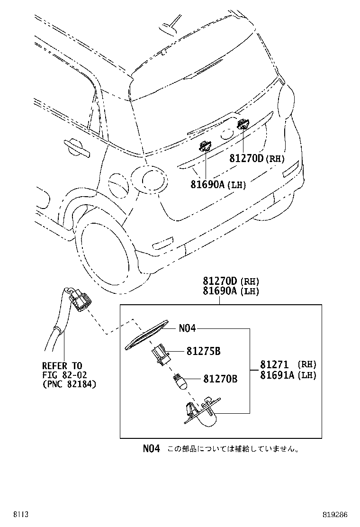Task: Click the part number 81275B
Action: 203,351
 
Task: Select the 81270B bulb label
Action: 220,379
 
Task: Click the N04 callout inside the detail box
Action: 187,328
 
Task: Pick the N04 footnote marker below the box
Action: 152,448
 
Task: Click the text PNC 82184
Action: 69,384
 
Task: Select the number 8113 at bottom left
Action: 20,515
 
